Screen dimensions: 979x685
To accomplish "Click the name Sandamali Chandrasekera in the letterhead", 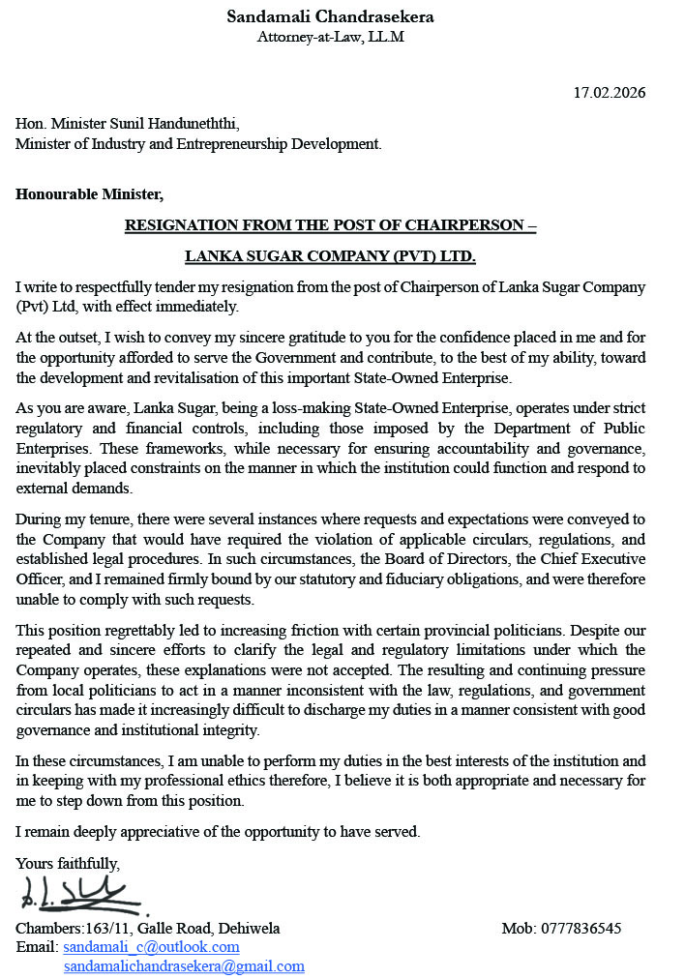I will coord(330,16).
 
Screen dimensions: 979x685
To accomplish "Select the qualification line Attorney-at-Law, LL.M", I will coord(330,37).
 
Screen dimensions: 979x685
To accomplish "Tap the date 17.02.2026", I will coord(609,93).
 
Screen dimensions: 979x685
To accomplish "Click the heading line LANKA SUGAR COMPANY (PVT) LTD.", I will coord(330,257).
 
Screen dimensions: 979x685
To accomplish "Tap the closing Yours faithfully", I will coord(68,863).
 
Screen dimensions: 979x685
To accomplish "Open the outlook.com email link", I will coord(151,947).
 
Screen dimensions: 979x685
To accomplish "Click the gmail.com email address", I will coord(184,965).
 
